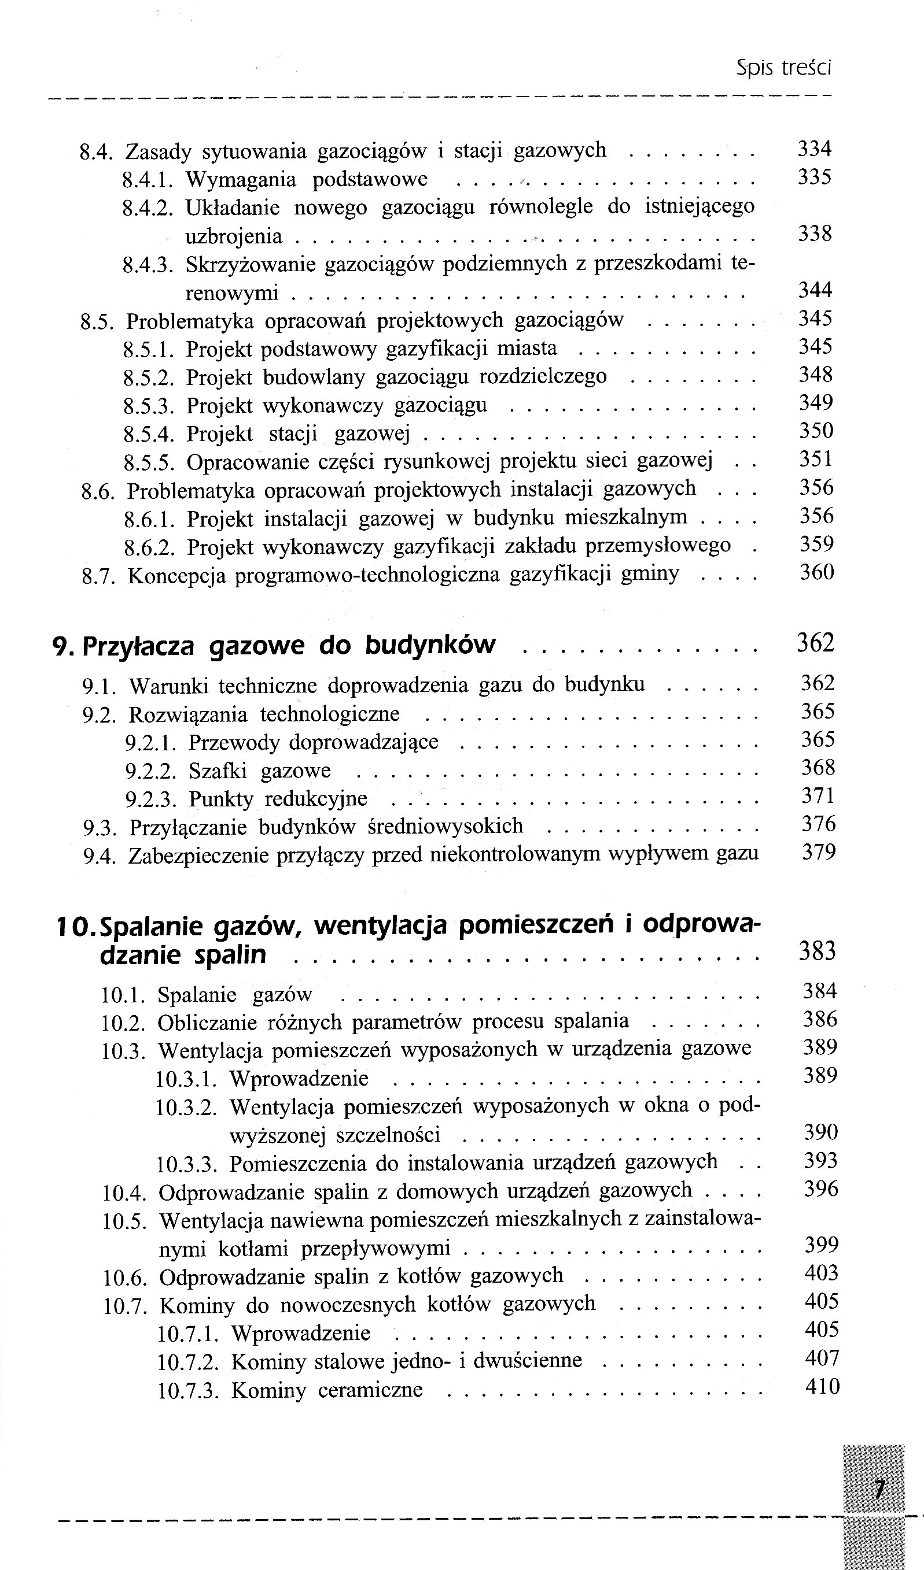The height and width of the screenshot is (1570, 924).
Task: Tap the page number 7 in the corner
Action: coord(879,1489)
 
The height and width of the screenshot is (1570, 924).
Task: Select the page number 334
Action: coord(815,149)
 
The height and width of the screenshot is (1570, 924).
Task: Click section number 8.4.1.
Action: coord(148,180)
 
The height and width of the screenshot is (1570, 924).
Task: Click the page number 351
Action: coord(816,459)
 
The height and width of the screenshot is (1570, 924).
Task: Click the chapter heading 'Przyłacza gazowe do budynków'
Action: coord(289,646)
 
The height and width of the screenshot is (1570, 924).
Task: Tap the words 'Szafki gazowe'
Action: coord(259,771)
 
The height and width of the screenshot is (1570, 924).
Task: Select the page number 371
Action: coord(818,795)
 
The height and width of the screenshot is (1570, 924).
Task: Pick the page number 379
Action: coord(819,852)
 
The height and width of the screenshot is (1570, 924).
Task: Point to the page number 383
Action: coord(817,951)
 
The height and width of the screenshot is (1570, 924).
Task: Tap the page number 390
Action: coord(820,1131)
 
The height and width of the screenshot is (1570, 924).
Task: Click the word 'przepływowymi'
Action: coord(376,1249)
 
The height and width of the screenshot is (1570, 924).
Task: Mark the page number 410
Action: coord(822,1386)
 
